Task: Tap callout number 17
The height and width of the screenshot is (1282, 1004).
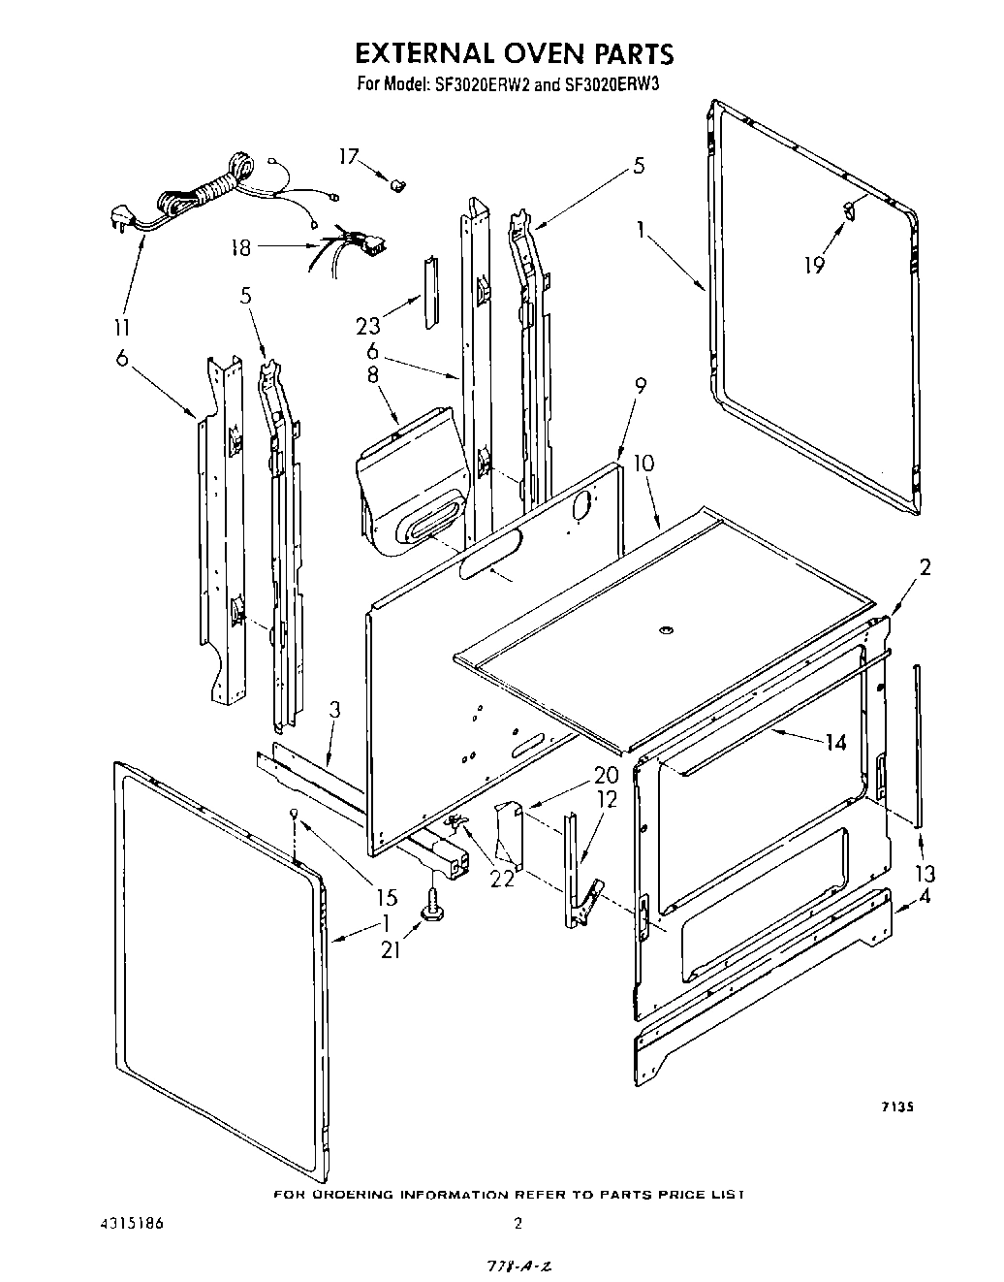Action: [349, 156]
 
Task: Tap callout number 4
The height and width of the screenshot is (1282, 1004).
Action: [925, 897]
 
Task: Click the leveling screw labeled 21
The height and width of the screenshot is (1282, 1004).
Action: [429, 910]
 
